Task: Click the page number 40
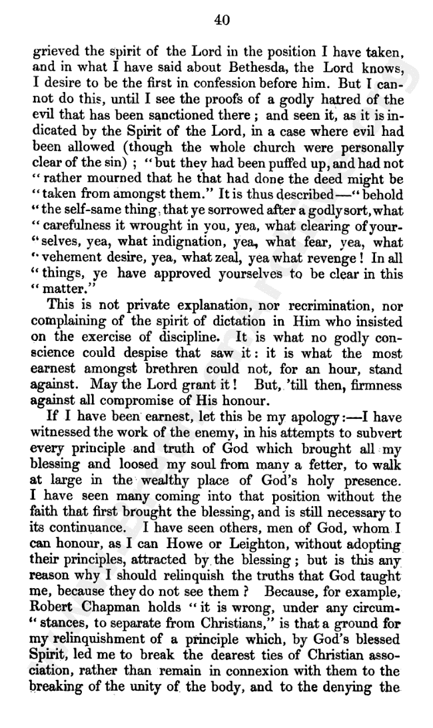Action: pyautogui.click(x=222, y=21)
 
